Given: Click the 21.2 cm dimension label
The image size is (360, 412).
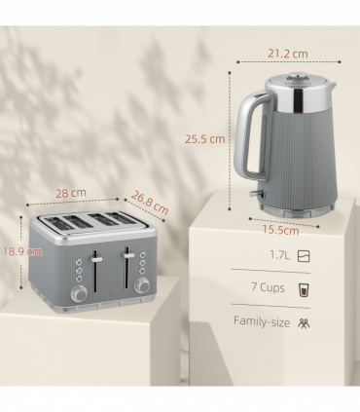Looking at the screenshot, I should point(287,54).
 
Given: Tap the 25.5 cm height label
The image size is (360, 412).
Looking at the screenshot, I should point(205,138).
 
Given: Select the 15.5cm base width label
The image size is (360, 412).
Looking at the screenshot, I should point(279,231).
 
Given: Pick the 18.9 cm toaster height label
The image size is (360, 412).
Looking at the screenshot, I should point(20,251).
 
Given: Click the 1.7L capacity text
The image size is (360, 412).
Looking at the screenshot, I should point(278,257).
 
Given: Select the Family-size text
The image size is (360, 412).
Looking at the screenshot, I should point(262,320).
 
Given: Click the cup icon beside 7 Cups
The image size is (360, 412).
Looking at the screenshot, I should point(305,288).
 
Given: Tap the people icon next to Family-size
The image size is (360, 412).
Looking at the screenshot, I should point(305,321).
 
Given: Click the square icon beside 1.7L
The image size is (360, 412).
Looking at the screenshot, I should point(305,257).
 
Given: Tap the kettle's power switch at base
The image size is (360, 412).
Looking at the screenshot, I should point(256,199).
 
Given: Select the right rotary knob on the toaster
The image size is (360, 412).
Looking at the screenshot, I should point(143,285).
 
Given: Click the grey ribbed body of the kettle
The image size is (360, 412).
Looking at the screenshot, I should point(296,156).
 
